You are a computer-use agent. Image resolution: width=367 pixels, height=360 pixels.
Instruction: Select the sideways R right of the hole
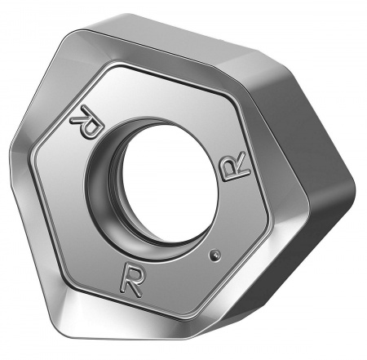[234, 167]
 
